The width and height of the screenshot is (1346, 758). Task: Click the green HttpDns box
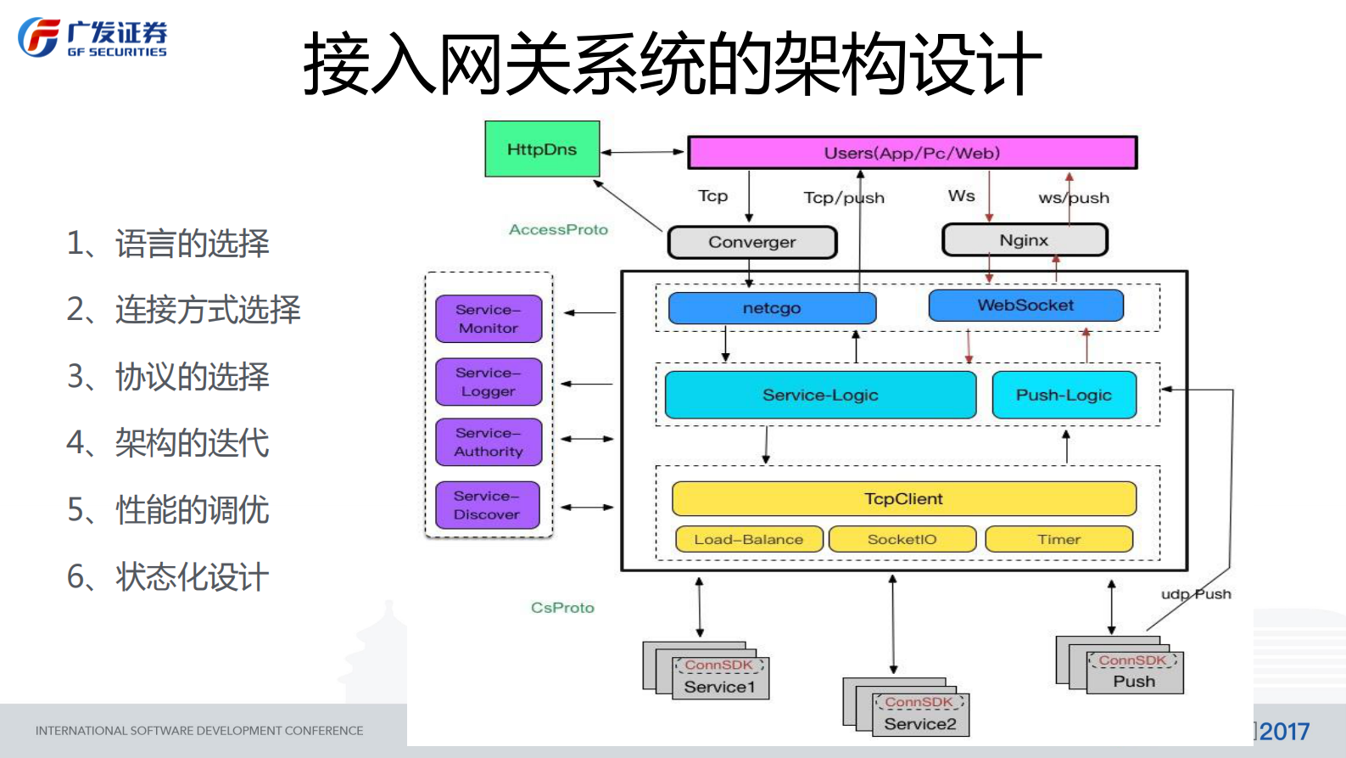pyautogui.click(x=542, y=149)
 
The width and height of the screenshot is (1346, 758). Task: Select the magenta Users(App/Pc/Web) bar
pyautogui.click(x=912, y=153)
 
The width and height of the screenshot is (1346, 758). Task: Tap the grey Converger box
pyautogui.click(x=752, y=242)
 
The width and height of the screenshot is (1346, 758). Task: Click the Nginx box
pyautogui.click(x=1025, y=240)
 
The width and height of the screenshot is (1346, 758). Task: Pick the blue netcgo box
pyautogui.click(x=772, y=308)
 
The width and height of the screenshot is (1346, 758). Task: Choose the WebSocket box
pyautogui.click(x=1025, y=306)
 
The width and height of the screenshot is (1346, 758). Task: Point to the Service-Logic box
pyautogui.click(x=820, y=395)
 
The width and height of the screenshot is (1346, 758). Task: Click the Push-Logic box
pyautogui.click(x=1064, y=395)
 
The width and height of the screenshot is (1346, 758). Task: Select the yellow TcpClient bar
pyautogui.click(x=903, y=499)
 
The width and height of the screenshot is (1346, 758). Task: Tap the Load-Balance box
pyautogui.click(x=748, y=539)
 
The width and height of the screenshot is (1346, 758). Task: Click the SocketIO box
pyautogui.click(x=902, y=539)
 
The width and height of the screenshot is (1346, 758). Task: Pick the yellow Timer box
pyautogui.click(x=1058, y=539)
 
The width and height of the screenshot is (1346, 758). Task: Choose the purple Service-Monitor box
pyautogui.click(x=489, y=319)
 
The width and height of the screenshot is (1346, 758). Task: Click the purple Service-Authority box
pyautogui.click(x=489, y=442)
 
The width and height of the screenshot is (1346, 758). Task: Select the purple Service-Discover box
pyautogui.click(x=487, y=505)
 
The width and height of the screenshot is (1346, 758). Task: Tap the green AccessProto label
pyautogui.click(x=558, y=229)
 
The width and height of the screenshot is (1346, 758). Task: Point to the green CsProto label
pyautogui.click(x=562, y=608)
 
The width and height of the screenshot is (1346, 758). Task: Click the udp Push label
pyautogui.click(x=1196, y=594)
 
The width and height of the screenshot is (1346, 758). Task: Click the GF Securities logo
pyautogui.click(x=92, y=38)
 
